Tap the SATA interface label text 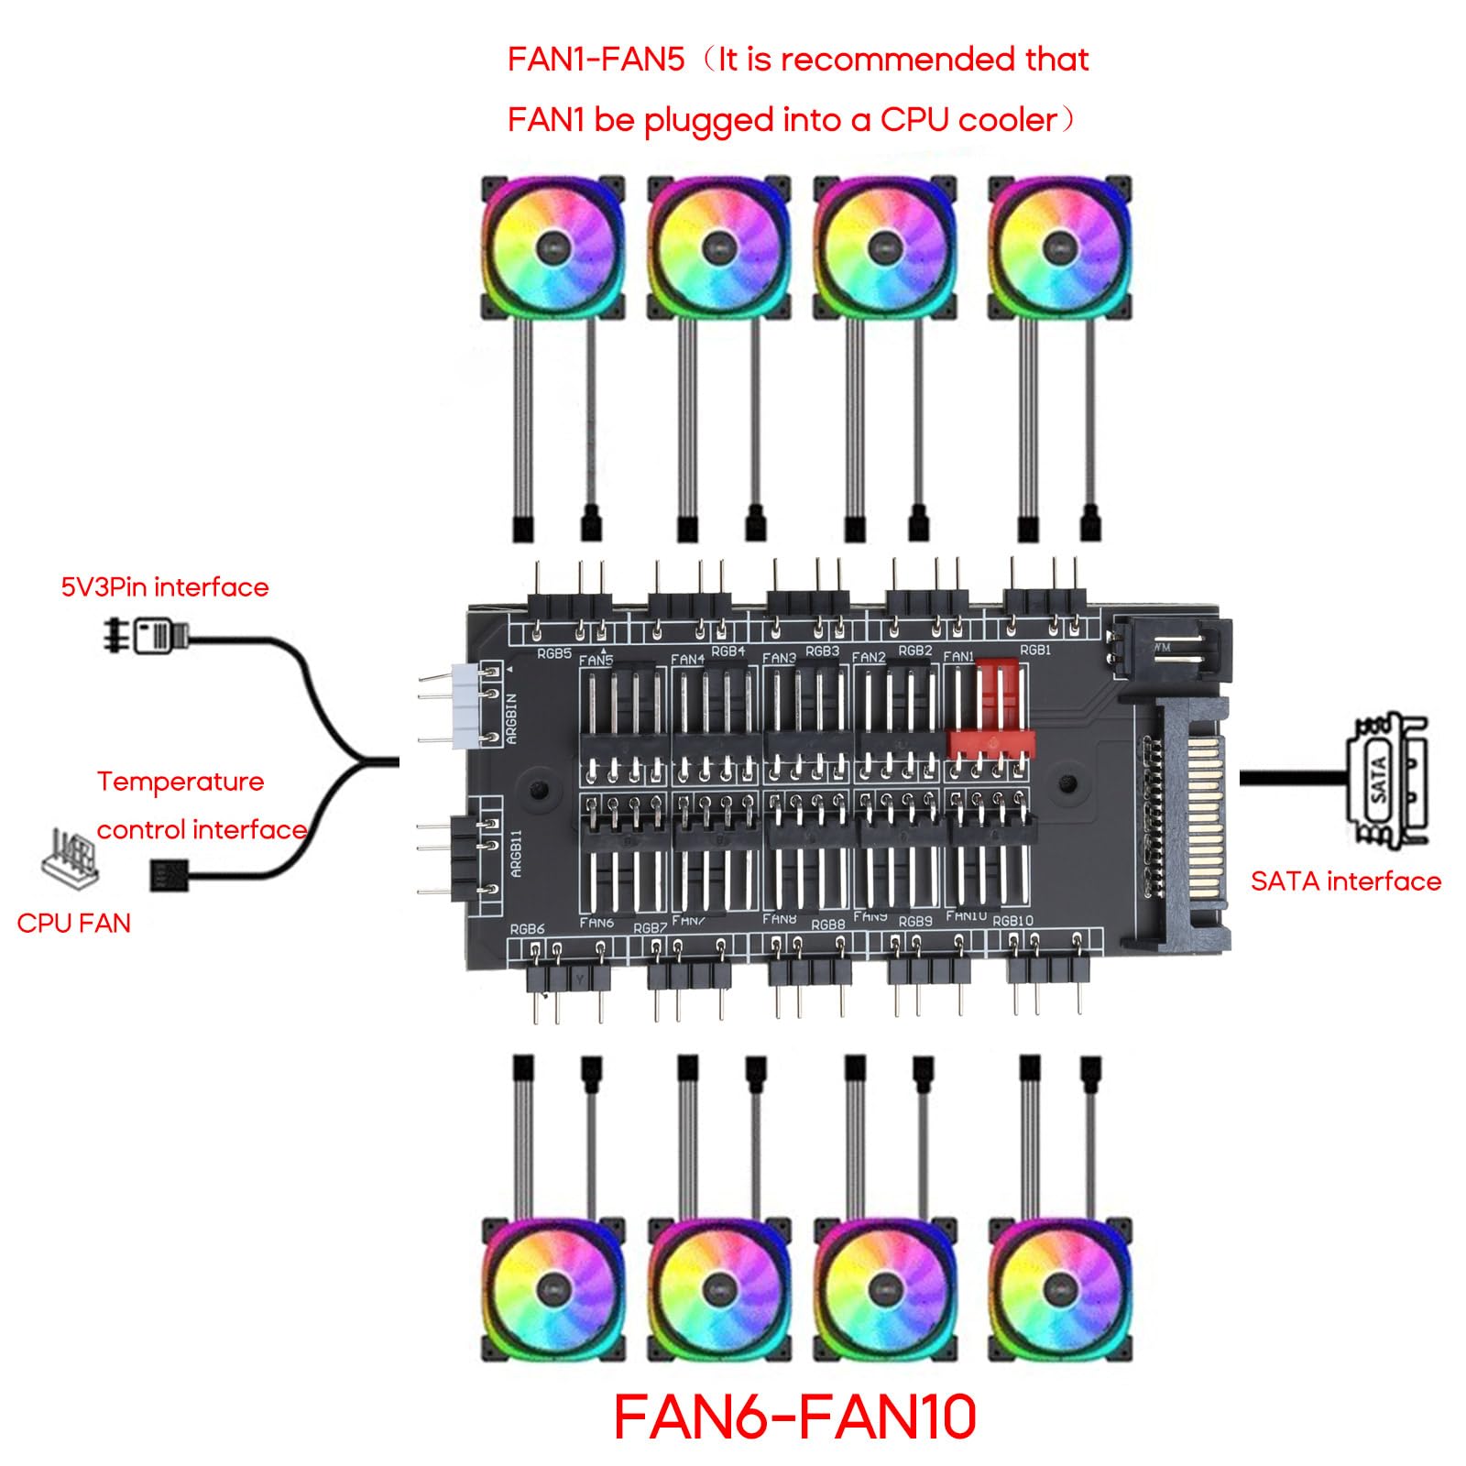(x=1345, y=881)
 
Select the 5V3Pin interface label (x=165, y=587)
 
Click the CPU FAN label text (x=73, y=923)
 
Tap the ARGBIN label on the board (x=512, y=718)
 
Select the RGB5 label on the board (x=553, y=653)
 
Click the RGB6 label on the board (x=527, y=928)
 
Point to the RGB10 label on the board (x=1012, y=921)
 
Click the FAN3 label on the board (x=779, y=658)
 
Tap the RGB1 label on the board (x=1035, y=650)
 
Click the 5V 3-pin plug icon (x=147, y=635)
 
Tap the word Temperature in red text (x=181, y=782)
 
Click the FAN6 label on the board (x=596, y=922)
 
